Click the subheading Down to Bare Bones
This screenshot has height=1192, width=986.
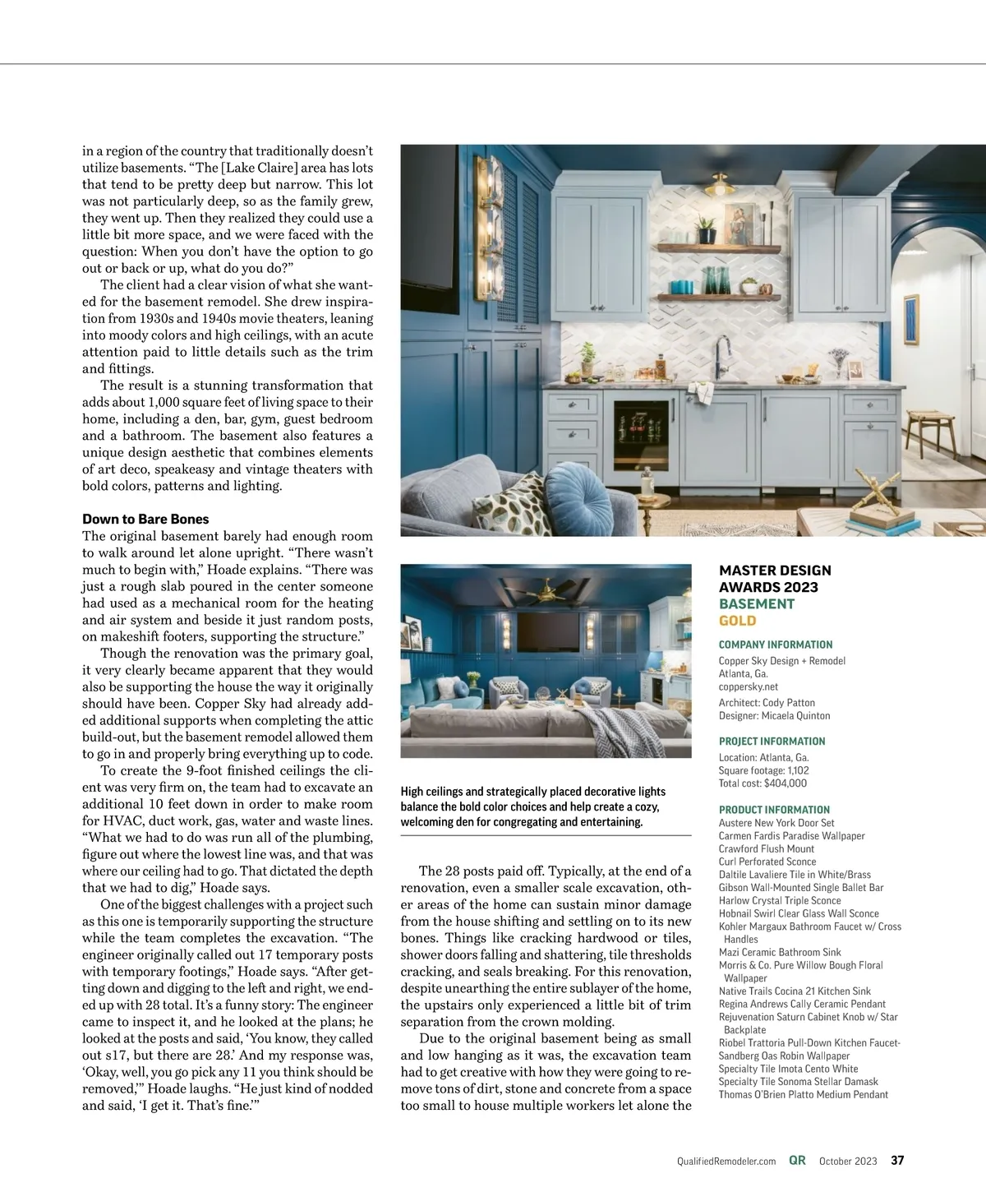point(145,519)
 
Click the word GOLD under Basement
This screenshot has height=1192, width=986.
point(737,621)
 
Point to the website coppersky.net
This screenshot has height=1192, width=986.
point(748,686)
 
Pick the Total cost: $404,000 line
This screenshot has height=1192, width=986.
point(763,783)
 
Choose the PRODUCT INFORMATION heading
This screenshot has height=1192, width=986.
point(774,810)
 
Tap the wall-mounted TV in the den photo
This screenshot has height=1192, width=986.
point(546,635)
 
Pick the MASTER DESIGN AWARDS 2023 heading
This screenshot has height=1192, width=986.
point(775,579)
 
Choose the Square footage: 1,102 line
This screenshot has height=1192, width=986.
point(763,770)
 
